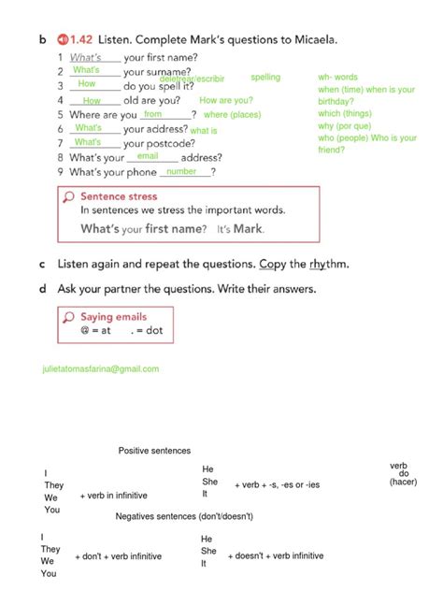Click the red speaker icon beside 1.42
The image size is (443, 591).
coord(63,39)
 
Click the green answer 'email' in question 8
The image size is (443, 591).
coord(148,156)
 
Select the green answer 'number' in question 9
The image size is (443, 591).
coord(181,172)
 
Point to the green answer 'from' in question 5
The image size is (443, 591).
coord(153,114)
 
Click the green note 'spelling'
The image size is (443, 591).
coord(265,77)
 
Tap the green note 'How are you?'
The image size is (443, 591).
coord(226,100)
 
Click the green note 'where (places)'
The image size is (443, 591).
coord(233,115)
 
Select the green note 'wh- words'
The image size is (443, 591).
coord(337,77)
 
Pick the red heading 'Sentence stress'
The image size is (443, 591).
coord(119,197)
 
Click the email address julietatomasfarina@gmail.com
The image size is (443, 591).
coord(101,369)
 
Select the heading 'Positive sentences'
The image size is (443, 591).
coord(154,451)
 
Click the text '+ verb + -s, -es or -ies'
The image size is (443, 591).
coord(279,484)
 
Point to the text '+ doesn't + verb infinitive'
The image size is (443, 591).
coord(276,555)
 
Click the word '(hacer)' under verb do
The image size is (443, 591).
coord(404,482)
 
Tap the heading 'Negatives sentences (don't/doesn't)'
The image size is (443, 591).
coord(184,516)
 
